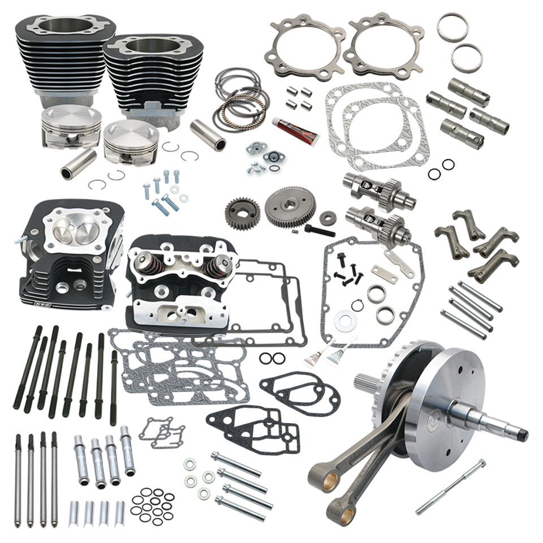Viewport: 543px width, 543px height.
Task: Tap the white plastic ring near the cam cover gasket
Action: point(344,321)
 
